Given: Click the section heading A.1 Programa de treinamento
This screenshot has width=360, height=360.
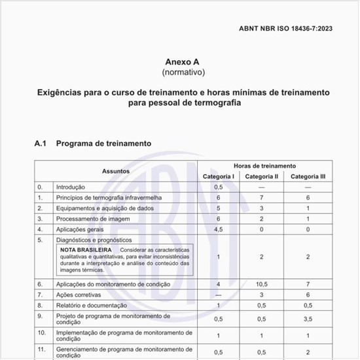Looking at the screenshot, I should pos(92,143).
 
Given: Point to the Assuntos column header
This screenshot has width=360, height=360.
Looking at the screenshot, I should pos(115,171).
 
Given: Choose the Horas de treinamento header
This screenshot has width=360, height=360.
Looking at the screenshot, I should pos(264,166).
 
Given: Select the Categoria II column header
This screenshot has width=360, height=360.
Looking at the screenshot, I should pos(262,177).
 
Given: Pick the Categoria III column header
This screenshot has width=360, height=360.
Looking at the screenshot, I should pos(308,177).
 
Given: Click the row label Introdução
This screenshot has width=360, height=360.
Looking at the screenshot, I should pos(70,187).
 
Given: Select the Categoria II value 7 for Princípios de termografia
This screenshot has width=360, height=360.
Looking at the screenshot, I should pos(262,198).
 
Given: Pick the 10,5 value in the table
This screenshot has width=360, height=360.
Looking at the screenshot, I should pos(262,284).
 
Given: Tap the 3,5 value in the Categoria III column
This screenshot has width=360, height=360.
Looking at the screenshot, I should pos(308,319).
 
